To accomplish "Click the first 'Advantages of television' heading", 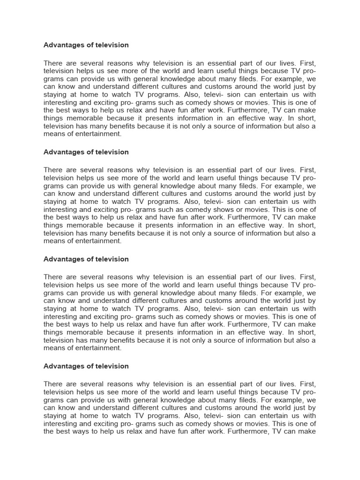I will tap(86, 45).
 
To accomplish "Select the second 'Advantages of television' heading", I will tap(86, 152).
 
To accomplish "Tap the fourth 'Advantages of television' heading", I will tap(86, 366).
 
